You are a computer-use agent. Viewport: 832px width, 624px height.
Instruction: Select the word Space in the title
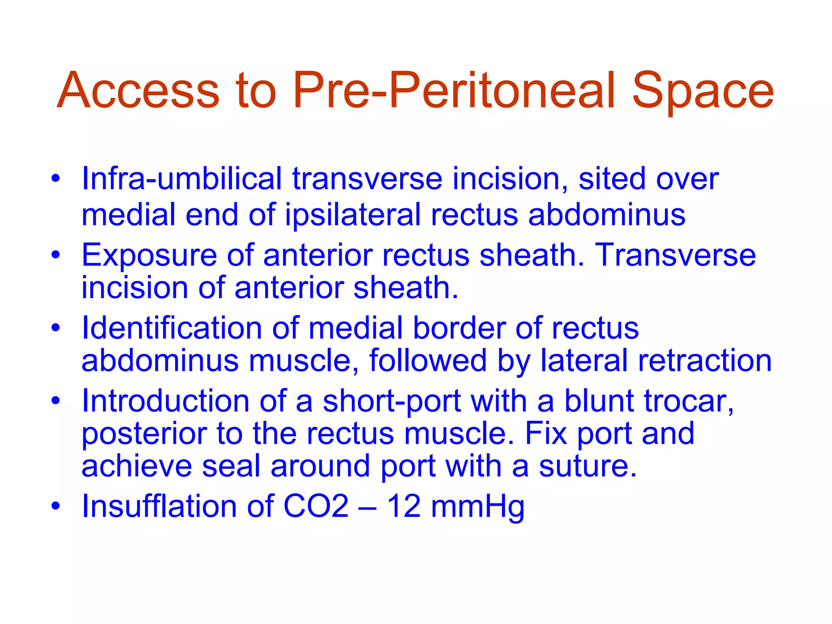pos(703,91)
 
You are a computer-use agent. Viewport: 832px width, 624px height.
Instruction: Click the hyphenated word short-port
pos(392,401)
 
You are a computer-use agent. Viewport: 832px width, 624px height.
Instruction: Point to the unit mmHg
pos(477,507)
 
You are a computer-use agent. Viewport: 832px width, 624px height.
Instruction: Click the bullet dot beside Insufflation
pos(56,506)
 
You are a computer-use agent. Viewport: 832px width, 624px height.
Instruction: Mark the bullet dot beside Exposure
pos(56,255)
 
